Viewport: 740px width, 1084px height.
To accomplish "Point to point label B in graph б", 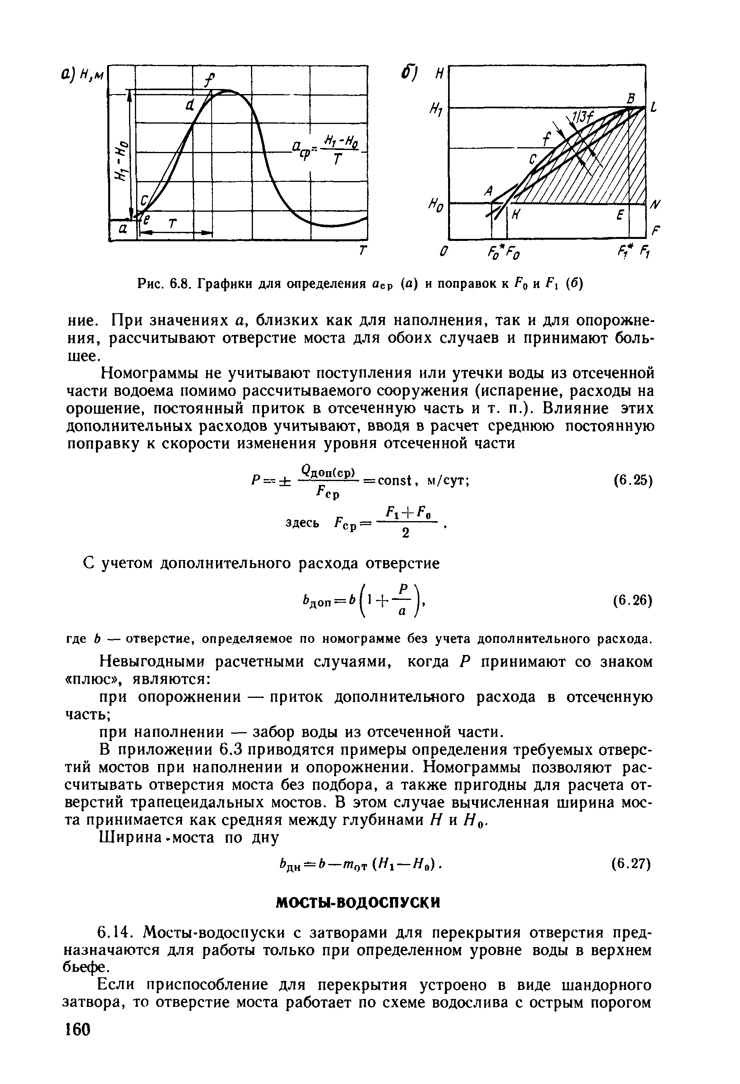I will [631, 98].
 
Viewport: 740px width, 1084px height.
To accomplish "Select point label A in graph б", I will [489, 190].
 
